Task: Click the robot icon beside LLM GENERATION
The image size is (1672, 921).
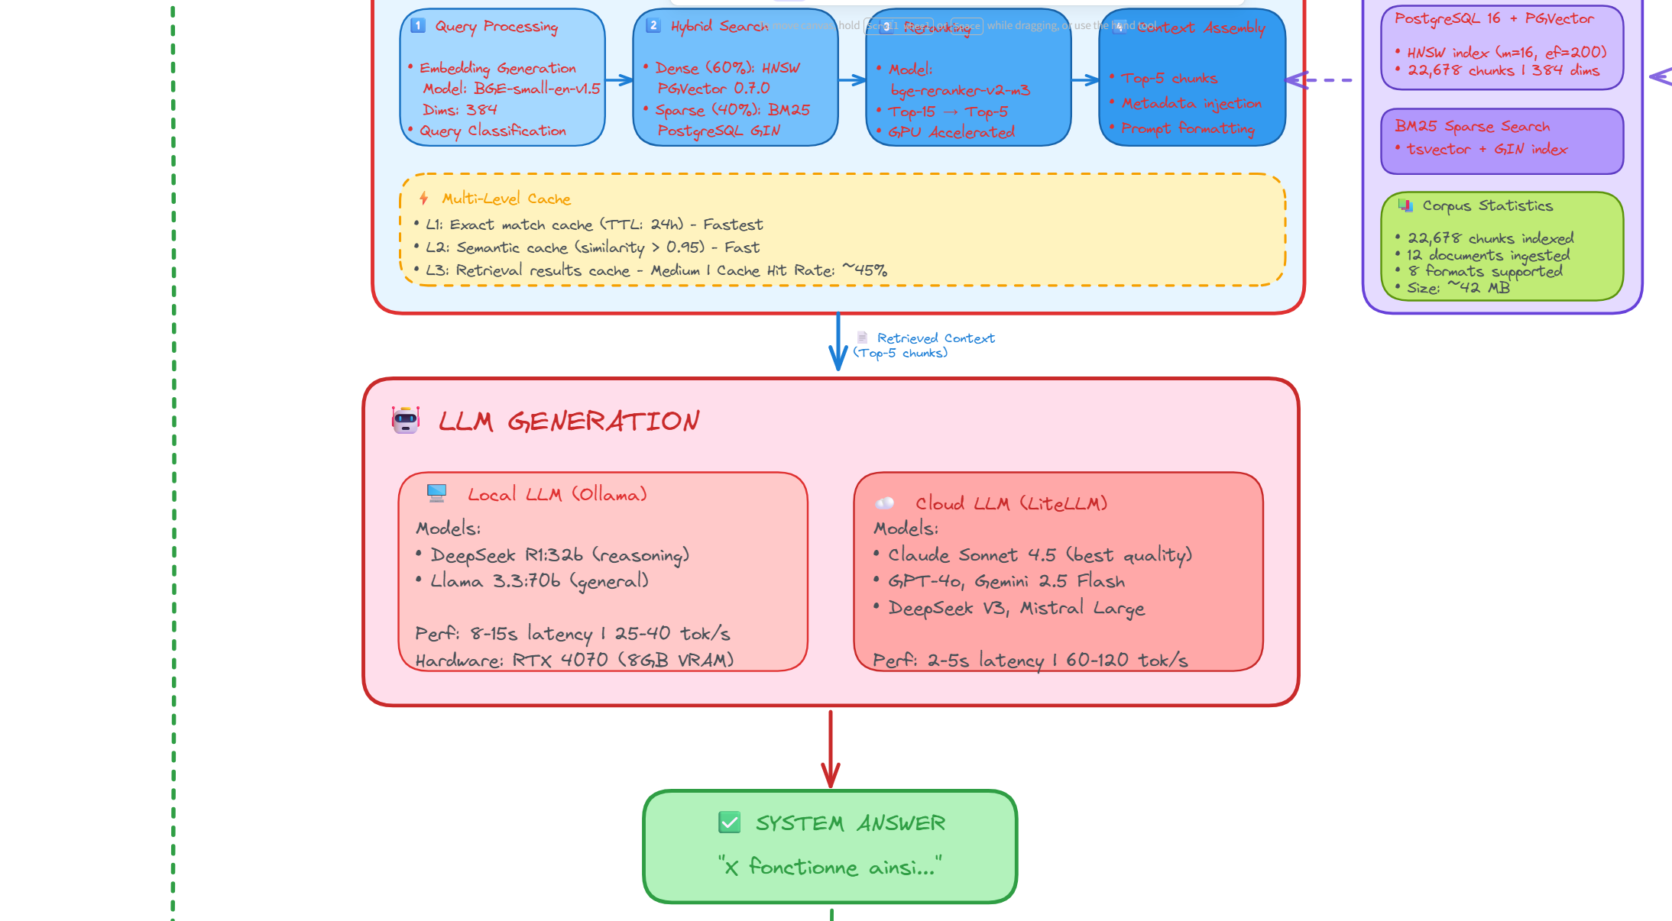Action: click(406, 420)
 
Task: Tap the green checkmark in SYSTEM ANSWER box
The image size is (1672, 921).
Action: click(730, 822)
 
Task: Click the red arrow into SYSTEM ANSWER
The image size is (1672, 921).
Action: click(831, 748)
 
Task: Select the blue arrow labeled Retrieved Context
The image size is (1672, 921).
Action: click(838, 342)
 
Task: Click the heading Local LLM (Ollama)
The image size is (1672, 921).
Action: click(557, 495)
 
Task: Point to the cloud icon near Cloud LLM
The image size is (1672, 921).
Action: click(884, 503)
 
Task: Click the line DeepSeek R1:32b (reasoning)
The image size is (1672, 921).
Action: click(559, 555)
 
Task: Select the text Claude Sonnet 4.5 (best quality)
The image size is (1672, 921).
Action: click(1039, 555)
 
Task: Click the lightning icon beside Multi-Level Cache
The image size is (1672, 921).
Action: click(424, 199)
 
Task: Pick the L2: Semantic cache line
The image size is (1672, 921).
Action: click(592, 247)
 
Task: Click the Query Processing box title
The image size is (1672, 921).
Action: click(496, 27)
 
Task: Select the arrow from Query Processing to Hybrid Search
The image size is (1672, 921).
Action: click(619, 79)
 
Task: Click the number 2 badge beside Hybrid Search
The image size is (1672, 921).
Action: click(653, 25)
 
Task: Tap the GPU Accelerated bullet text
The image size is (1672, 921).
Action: click(951, 132)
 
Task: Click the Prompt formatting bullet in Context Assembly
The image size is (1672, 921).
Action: click(1188, 128)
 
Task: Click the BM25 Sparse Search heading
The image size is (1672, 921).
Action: click(1472, 127)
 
